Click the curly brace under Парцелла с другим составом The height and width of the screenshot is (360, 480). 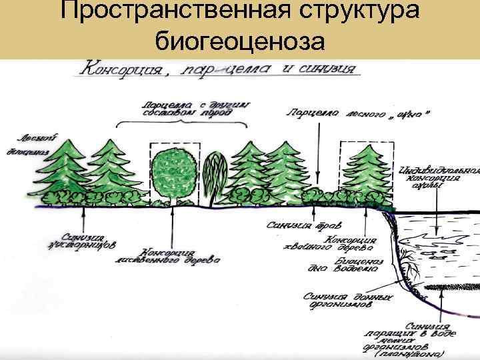coord(181,124)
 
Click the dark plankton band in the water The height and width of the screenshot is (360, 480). coord(447,287)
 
